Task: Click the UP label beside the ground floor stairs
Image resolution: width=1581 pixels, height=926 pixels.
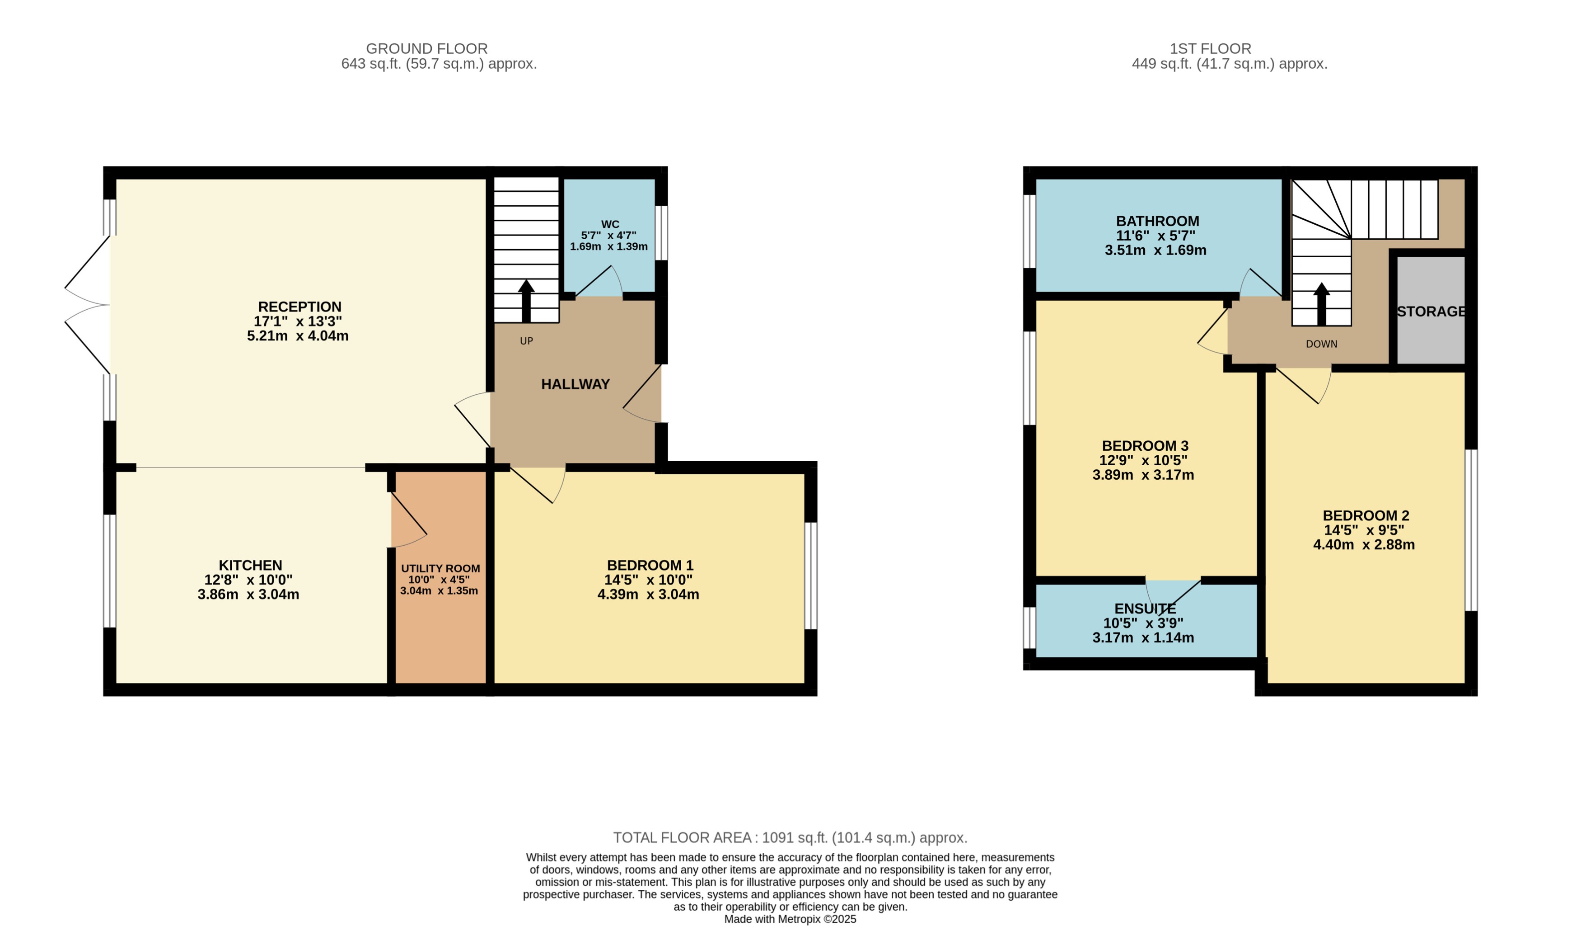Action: tap(526, 341)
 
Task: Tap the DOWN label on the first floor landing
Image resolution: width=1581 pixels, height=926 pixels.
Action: tap(1321, 344)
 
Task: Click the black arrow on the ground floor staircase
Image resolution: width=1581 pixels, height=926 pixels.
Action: tap(526, 301)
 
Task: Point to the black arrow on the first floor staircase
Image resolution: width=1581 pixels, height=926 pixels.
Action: tap(1321, 304)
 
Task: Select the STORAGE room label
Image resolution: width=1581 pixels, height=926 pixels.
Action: tap(1431, 312)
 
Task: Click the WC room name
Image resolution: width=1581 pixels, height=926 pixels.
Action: tap(610, 224)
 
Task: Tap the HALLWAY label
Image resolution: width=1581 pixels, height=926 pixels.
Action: tap(575, 384)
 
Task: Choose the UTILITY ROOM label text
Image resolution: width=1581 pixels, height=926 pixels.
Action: tap(440, 568)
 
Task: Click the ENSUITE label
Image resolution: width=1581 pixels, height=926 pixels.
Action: tap(1145, 608)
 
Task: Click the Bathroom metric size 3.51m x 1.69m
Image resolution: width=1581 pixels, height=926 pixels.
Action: tap(1155, 250)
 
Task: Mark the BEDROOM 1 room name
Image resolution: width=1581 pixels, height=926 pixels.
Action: tap(650, 565)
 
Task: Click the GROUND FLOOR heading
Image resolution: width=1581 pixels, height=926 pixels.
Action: tap(426, 48)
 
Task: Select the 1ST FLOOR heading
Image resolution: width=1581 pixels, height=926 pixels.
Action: tap(1210, 48)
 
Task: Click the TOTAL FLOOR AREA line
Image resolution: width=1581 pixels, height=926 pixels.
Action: tap(790, 837)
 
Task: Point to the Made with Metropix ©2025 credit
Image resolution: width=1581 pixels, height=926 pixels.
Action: tap(790, 919)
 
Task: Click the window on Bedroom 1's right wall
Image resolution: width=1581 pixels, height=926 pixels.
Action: tap(810, 576)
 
